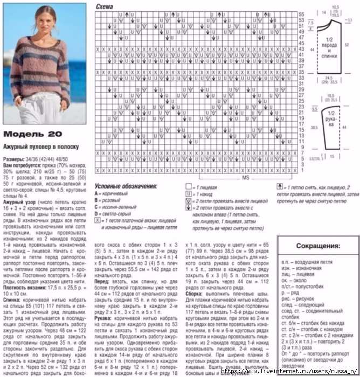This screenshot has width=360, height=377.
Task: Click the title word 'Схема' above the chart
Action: (x=105, y=6)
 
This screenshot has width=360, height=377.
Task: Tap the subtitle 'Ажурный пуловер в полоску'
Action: (x=41, y=147)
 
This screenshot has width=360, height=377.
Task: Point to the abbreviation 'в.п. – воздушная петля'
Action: (x=306, y=261)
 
